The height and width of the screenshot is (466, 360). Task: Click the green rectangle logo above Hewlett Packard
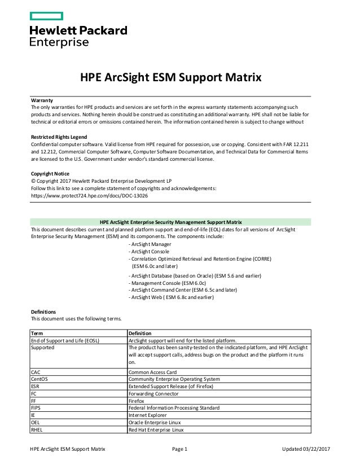(x=46, y=16)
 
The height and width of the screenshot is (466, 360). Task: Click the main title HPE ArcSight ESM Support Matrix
(x=170, y=77)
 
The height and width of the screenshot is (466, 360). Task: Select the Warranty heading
(x=41, y=100)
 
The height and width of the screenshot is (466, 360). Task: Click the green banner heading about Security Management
(x=170, y=222)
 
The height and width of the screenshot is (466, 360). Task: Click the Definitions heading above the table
(x=43, y=311)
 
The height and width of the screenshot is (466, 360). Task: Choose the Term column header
(x=36, y=333)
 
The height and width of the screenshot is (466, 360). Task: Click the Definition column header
(x=140, y=333)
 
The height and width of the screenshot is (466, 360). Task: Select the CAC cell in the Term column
(x=36, y=372)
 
